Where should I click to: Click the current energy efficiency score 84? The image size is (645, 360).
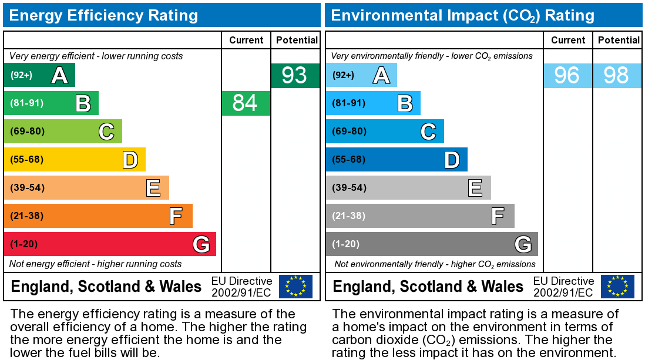[246, 103]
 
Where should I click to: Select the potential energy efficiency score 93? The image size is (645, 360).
[295, 75]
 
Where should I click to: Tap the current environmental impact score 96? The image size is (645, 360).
[567, 75]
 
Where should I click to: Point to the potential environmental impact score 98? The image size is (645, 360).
[616, 75]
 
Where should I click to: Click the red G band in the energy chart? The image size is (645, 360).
[110, 244]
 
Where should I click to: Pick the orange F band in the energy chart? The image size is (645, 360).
[98, 216]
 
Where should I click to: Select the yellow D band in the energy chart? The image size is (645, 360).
[75, 159]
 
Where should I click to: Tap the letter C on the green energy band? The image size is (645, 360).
[106, 132]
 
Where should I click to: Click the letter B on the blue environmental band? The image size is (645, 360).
[405, 103]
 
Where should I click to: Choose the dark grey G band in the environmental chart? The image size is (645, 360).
[432, 244]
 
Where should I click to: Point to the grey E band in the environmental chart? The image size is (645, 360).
[408, 187]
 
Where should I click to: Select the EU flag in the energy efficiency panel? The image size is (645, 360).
[295, 286]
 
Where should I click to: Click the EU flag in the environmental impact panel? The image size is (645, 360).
[617, 286]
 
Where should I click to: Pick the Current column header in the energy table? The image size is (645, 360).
[246, 40]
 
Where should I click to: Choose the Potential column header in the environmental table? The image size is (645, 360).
[618, 40]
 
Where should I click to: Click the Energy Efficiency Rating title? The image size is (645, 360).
[103, 15]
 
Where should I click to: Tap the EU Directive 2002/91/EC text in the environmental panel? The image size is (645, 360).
[563, 287]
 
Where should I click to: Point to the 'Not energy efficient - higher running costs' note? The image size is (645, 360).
[96, 264]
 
